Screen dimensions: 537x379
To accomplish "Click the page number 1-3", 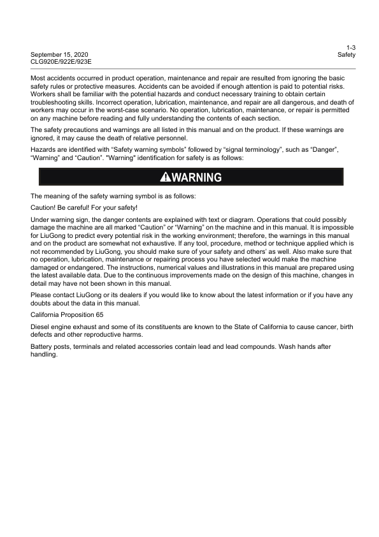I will [x=351, y=48].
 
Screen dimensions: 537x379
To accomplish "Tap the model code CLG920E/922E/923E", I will [x=61, y=62].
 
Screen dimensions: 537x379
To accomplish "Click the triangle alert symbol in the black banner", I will [x=165, y=177].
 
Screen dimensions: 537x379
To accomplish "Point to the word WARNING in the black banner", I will [x=196, y=177].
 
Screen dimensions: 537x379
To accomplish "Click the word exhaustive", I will [x=176, y=243].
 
